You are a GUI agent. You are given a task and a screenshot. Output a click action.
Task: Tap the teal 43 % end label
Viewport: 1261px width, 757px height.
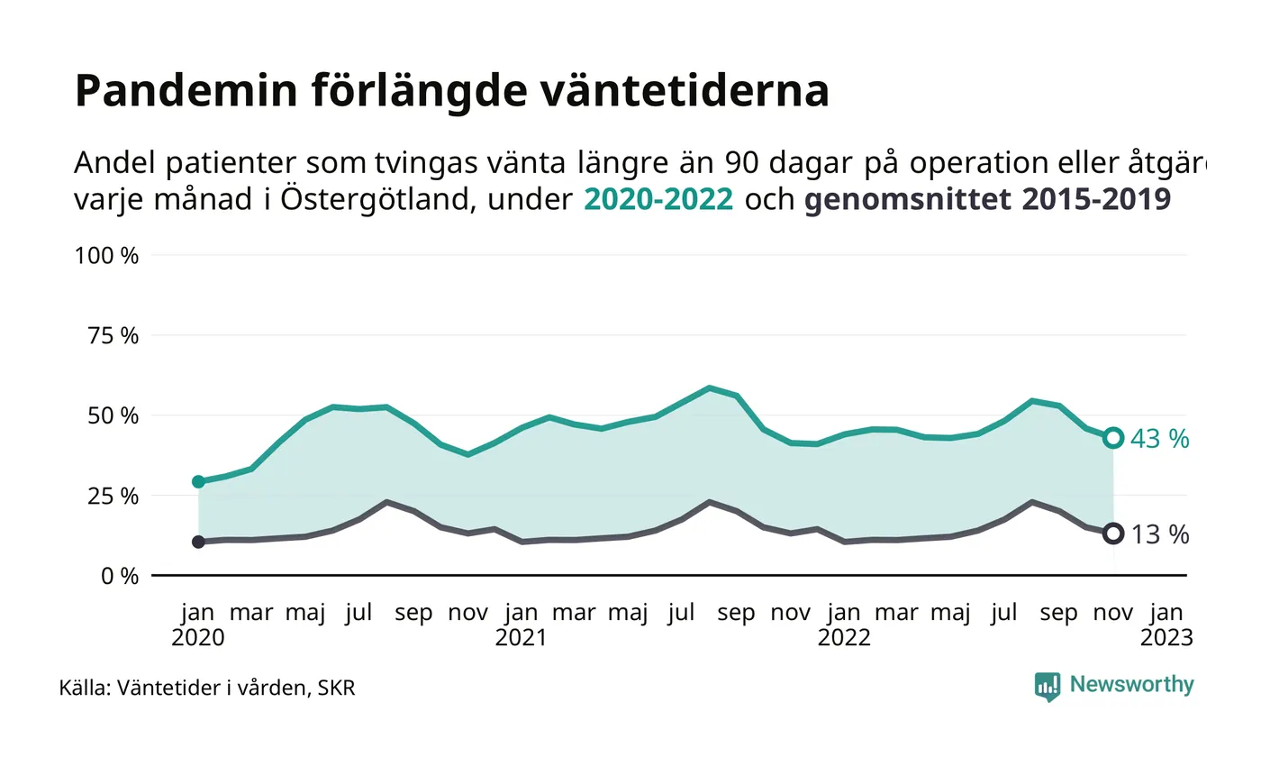tap(1159, 440)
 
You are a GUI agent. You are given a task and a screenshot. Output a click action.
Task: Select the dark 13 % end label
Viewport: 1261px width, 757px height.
tap(1159, 534)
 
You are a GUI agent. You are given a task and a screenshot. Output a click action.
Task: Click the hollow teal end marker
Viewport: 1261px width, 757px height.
tap(1113, 438)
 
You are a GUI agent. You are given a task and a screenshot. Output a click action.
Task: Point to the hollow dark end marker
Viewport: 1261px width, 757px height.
tap(1113, 534)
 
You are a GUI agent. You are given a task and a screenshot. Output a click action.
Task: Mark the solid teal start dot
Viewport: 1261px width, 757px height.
tap(198, 482)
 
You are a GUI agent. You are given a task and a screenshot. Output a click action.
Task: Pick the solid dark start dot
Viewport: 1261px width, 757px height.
tap(198, 542)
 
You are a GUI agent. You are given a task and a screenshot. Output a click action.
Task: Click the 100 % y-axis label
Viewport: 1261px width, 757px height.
tap(107, 256)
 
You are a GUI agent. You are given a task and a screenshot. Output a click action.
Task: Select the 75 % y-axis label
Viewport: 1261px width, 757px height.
tap(113, 336)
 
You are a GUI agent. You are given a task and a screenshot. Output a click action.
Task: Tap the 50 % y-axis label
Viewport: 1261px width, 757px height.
tap(113, 416)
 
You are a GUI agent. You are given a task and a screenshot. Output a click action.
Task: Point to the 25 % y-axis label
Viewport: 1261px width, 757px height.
tap(113, 497)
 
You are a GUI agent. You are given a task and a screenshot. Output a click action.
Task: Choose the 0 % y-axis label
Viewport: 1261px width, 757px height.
tap(118, 576)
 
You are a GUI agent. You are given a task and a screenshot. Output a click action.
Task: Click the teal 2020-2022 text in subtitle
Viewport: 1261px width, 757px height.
tap(655, 199)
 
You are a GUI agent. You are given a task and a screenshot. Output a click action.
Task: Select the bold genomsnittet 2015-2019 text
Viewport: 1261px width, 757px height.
tap(987, 199)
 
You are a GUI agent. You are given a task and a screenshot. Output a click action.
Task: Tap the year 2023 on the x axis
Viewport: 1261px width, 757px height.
tap(1166, 638)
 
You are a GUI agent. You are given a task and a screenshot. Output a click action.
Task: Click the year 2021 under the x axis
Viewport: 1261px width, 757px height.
tap(521, 638)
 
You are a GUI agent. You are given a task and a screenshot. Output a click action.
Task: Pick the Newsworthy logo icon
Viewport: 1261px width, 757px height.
tap(1047, 687)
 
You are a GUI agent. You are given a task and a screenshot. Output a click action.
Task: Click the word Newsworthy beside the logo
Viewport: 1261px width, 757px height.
tap(1131, 685)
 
